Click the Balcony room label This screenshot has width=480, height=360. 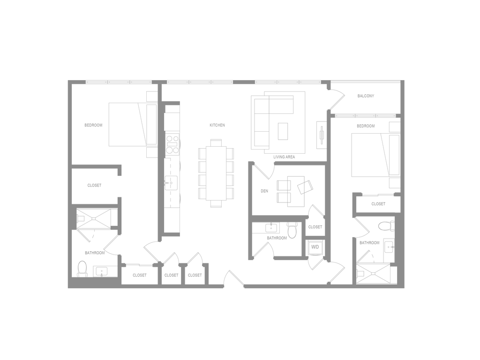click(366, 96)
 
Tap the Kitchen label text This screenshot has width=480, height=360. click(217, 126)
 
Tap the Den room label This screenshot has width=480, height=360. click(264, 191)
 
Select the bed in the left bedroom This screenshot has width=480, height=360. click(127, 125)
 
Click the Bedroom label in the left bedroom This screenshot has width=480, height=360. click(93, 125)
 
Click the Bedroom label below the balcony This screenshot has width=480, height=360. click(366, 127)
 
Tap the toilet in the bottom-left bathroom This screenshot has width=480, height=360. click(82, 268)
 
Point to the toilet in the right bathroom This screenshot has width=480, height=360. click(387, 227)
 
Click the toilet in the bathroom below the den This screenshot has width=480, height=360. click(292, 231)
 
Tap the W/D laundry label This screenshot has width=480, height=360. click(315, 247)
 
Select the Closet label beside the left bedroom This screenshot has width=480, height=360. click(94, 186)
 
